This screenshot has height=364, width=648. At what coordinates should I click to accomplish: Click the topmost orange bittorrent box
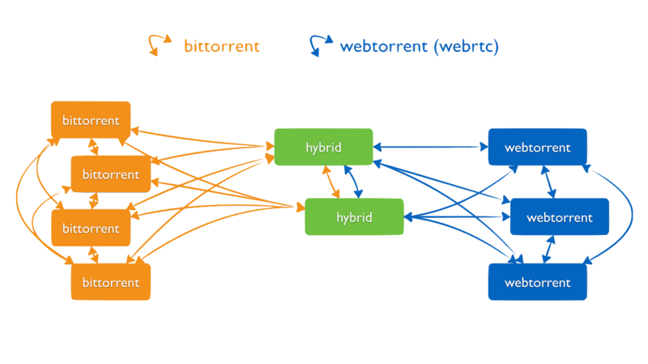pos(90,120)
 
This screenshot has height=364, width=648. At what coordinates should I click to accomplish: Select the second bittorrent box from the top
pos(110,173)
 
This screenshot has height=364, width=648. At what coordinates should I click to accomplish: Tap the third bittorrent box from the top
pos(90,228)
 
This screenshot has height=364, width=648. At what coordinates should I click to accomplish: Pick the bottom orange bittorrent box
pos(110,282)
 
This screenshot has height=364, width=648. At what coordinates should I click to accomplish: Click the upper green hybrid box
pos(323,147)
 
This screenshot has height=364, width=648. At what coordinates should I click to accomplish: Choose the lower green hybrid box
pos(353,217)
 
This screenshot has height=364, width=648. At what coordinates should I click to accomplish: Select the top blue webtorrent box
pos(537,147)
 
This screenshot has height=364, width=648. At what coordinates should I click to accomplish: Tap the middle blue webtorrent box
pos(559,217)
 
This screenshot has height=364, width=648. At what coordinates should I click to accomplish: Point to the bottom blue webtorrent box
pos(537,282)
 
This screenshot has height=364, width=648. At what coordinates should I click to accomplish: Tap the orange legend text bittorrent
pos(221,46)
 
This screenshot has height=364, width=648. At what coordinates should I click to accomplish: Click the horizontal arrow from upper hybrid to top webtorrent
pos(430,147)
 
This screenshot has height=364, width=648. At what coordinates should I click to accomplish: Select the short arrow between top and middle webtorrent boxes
pos(551,182)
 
